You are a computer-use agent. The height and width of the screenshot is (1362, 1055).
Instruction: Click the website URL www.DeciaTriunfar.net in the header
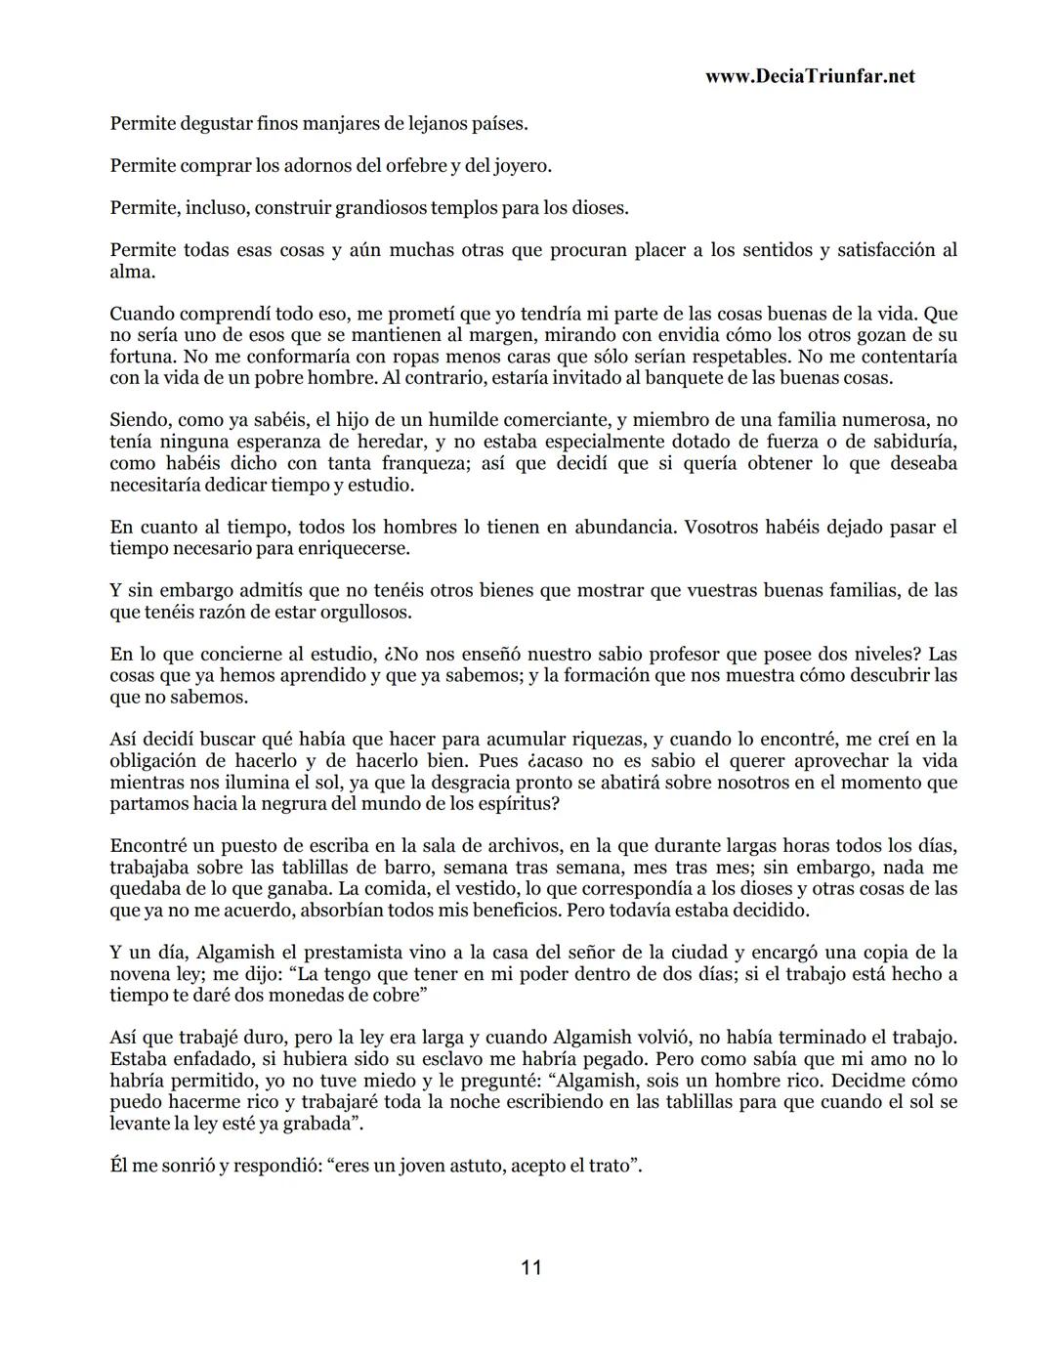tap(809, 76)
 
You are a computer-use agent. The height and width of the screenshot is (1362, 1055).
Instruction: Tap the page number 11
tap(530, 1267)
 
